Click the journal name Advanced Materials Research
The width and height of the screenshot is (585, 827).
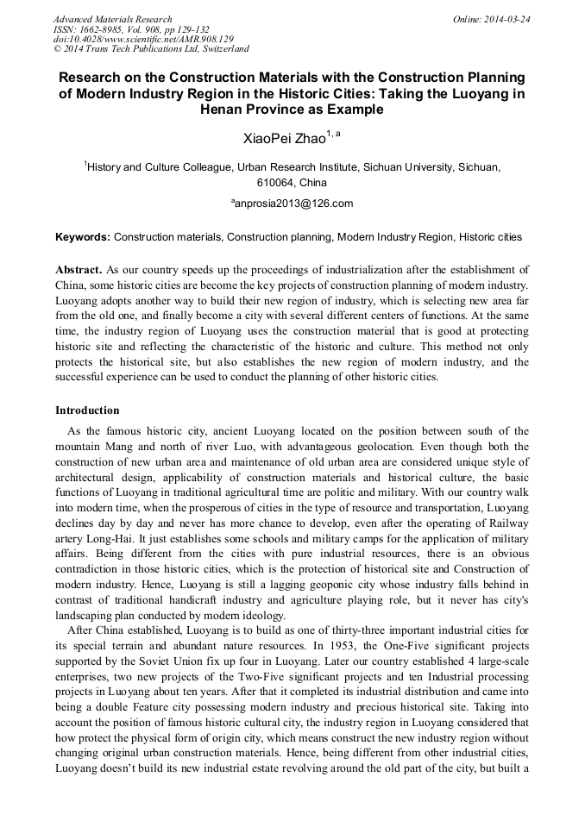112,19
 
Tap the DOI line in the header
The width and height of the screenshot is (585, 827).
142,40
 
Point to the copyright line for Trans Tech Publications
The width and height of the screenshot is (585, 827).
151,50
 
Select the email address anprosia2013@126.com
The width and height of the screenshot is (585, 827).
293,204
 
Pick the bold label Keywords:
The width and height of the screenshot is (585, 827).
83,236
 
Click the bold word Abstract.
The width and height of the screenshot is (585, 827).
79,270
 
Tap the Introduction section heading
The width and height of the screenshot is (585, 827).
87,410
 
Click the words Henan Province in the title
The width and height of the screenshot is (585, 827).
245,110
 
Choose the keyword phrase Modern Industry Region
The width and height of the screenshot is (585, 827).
394,236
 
